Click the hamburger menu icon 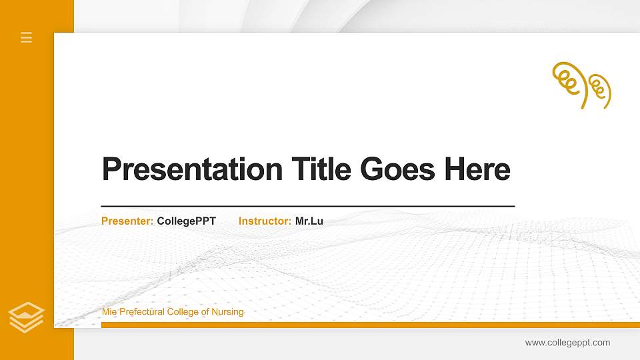[x=27, y=37]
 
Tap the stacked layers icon [x=27, y=317]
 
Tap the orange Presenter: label [x=127, y=221]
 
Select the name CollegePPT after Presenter [x=186, y=221]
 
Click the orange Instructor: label [x=265, y=221]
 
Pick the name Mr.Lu [x=309, y=221]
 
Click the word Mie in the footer [x=109, y=312]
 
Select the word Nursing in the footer [x=228, y=312]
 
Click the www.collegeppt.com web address [x=567, y=343]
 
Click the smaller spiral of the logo [x=599, y=89]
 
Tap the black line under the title [x=308, y=206]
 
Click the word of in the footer [x=205, y=312]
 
